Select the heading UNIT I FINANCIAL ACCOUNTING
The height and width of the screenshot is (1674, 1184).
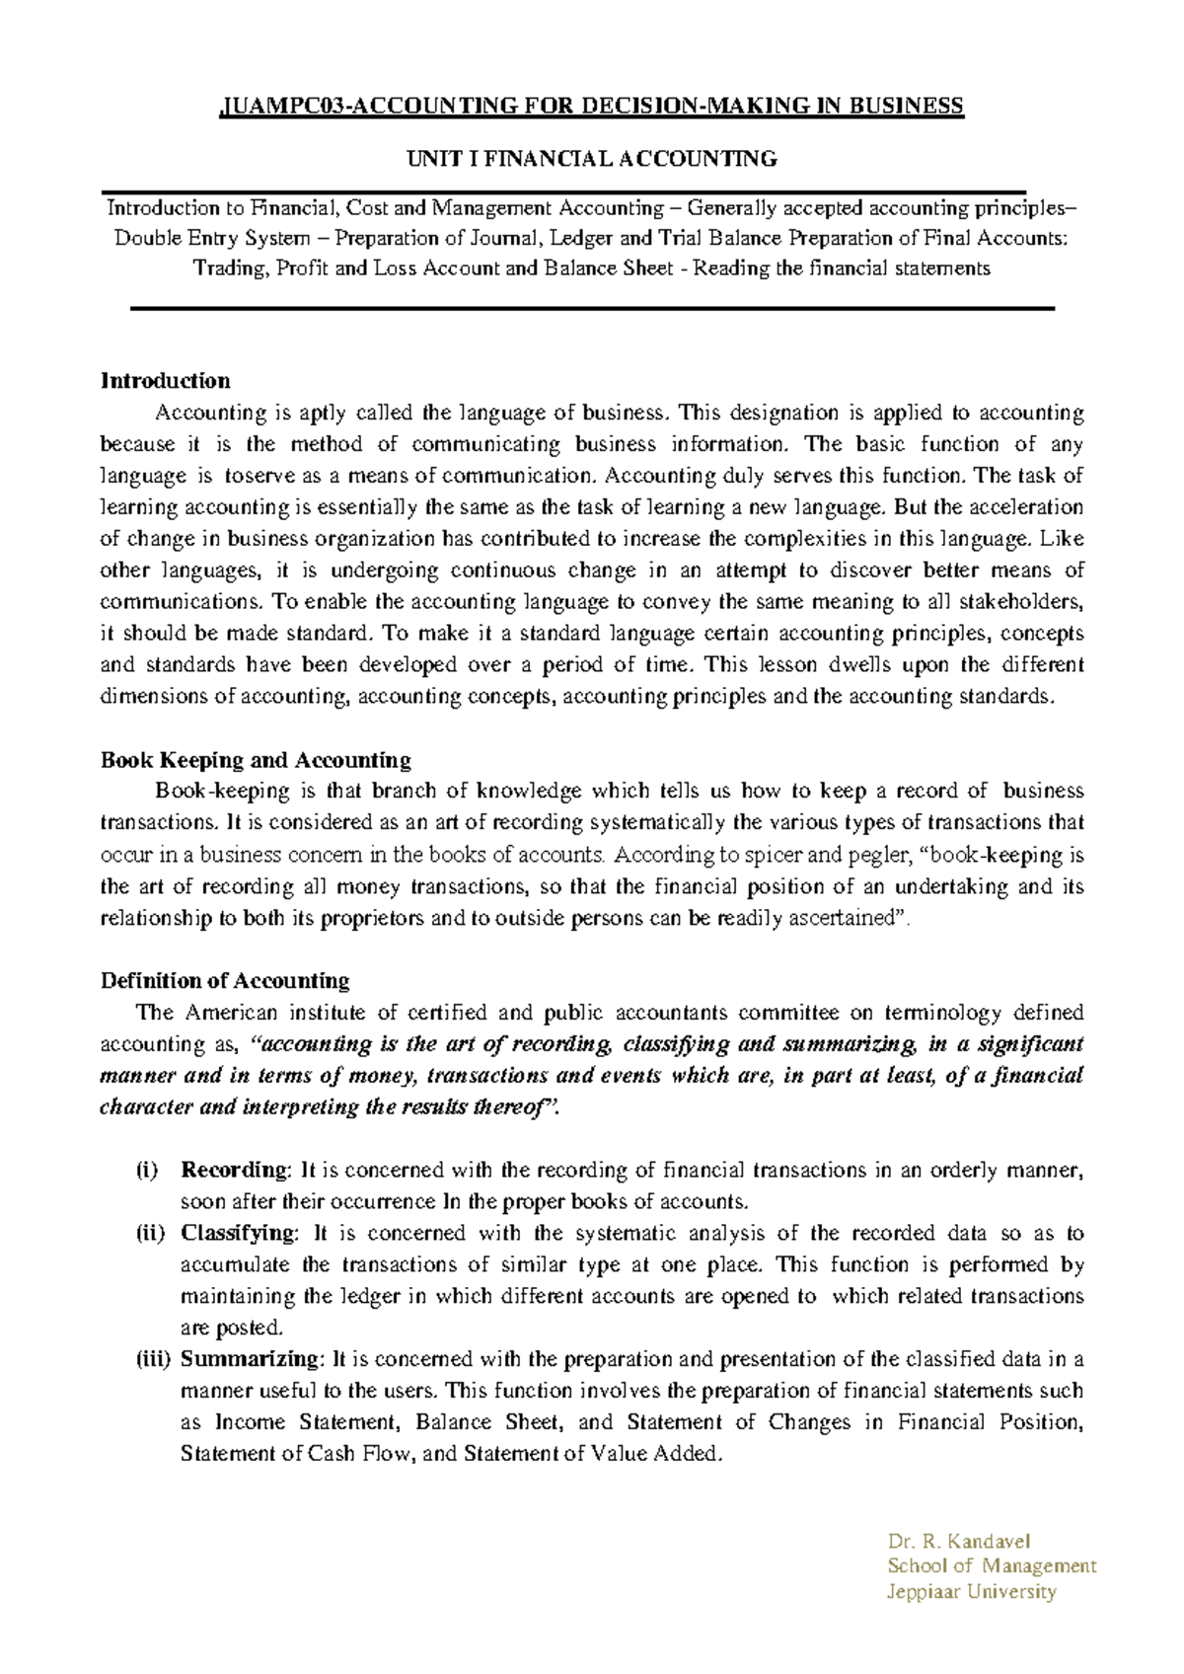592,158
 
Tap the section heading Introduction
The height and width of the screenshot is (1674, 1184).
165,381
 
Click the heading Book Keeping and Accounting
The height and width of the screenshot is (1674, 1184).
256,760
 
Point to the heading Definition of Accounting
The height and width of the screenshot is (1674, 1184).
225,981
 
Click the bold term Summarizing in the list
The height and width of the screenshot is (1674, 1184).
249,1359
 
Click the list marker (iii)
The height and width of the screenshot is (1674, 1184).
154,1359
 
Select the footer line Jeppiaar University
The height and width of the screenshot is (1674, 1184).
971,1591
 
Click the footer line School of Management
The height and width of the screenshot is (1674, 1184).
991,1566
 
